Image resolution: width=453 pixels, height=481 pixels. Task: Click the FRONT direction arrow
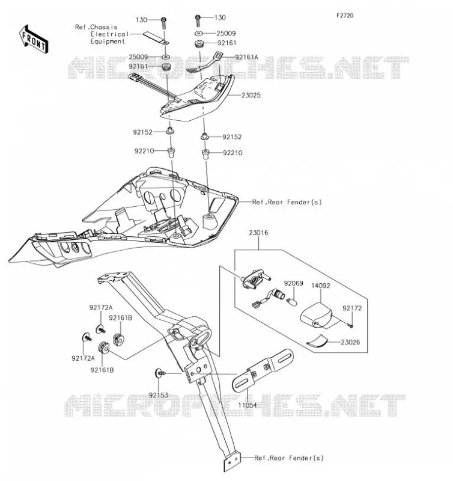click(34, 39)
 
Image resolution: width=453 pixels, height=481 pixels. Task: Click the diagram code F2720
click(345, 16)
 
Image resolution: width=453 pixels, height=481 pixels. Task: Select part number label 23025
click(251, 96)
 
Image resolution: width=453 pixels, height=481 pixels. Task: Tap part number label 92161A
click(246, 57)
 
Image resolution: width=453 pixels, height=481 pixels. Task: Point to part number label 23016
click(258, 233)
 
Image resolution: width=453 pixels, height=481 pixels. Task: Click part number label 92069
click(293, 283)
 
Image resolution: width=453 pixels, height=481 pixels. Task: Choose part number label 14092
click(321, 286)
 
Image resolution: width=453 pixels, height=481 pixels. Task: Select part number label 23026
click(350, 342)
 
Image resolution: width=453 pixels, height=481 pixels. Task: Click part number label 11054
click(248, 405)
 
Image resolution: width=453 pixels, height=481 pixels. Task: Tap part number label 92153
click(159, 395)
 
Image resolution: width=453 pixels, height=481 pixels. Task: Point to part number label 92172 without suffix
click(352, 308)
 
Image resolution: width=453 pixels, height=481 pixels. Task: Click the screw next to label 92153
click(160, 373)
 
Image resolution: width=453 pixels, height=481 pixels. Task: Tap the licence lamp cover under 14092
click(316, 316)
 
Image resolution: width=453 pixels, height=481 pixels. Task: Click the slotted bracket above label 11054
click(263, 370)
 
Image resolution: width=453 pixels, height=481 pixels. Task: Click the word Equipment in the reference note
click(108, 41)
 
